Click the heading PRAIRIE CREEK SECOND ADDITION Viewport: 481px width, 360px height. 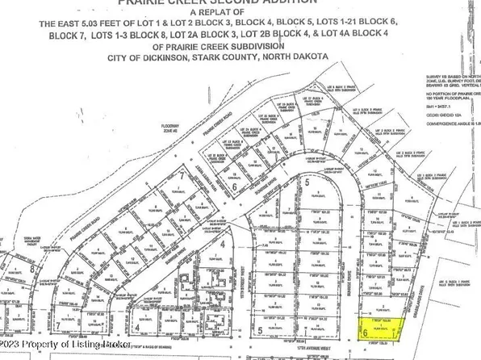[x=240, y=3]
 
